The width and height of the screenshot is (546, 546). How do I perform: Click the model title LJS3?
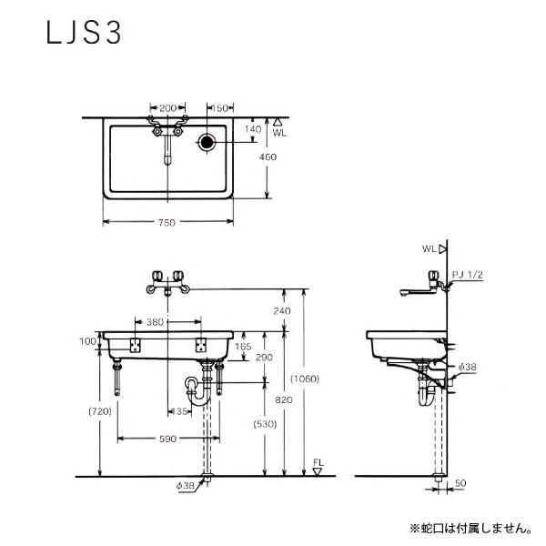coord(84,33)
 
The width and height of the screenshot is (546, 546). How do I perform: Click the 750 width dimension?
coord(167,223)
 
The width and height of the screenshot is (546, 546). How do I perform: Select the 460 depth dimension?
coord(268,157)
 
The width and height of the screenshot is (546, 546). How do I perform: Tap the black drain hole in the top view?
coord(207,142)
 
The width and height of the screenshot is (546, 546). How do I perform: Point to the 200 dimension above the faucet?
coord(167,108)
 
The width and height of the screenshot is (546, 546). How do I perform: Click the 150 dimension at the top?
coord(219,108)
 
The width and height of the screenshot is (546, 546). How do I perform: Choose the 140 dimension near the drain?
coord(253,129)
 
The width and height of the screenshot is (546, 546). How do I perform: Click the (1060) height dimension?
coord(305,379)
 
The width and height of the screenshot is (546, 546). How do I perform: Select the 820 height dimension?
coord(283,400)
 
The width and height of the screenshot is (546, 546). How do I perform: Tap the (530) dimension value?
coord(266,424)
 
